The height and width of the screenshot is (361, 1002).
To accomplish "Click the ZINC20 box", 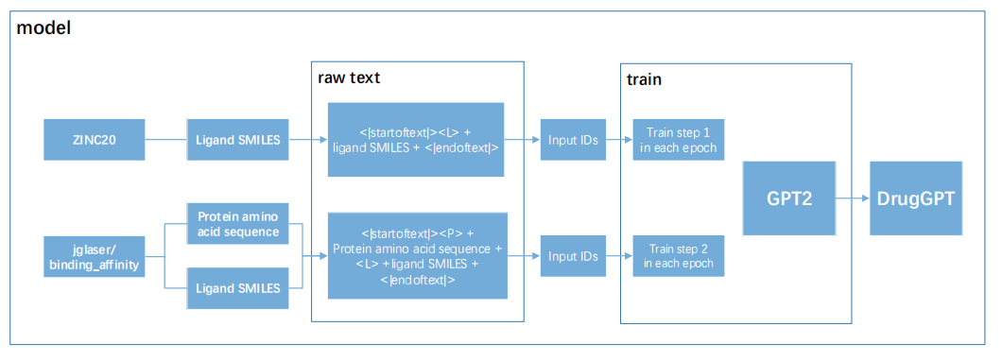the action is click(x=95, y=139).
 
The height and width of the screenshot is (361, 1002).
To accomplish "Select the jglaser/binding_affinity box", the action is click(x=95, y=256).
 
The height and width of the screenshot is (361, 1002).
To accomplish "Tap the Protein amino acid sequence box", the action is click(x=237, y=224).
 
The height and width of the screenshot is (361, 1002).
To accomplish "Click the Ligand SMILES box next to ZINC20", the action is click(x=237, y=139).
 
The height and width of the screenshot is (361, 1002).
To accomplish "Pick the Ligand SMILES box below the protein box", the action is click(x=237, y=288).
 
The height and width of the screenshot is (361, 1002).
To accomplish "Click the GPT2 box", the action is click(x=789, y=198).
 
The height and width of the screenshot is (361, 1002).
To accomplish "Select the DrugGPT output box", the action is click(x=916, y=198).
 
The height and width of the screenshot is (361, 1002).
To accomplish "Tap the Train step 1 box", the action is click(x=679, y=139).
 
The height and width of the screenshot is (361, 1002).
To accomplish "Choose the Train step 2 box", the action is click(x=679, y=255).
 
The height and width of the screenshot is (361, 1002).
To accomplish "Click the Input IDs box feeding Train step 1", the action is click(x=573, y=139).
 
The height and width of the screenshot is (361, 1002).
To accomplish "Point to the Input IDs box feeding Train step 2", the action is click(x=573, y=255).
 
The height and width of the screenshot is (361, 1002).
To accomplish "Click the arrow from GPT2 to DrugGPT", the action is click(x=853, y=198).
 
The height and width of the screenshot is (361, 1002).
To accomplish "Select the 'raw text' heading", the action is click(x=349, y=77).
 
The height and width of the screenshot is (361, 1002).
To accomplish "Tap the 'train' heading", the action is click(x=644, y=80).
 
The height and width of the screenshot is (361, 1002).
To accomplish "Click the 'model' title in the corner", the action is click(x=43, y=28).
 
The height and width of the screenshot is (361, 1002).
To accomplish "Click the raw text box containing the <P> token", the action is click(x=417, y=255).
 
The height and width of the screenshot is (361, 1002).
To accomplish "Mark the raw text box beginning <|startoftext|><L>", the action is click(x=415, y=139).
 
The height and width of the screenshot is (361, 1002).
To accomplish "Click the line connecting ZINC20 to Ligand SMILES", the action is click(x=166, y=139).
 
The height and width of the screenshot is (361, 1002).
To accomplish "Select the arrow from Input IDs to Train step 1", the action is click(x=618, y=139).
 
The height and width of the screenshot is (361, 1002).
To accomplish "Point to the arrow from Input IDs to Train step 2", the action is click(x=618, y=255).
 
